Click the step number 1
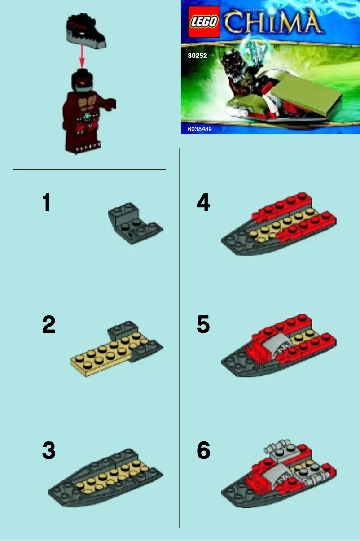[x=46, y=203]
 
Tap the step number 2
[x=48, y=325]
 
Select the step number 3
[x=48, y=451]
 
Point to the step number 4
[x=203, y=203]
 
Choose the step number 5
[x=203, y=325]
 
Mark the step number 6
[x=203, y=451]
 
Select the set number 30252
[x=197, y=57]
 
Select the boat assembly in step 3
[x=105, y=477]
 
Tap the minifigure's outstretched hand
[x=111, y=104]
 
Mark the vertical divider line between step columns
[x=180, y=336]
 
